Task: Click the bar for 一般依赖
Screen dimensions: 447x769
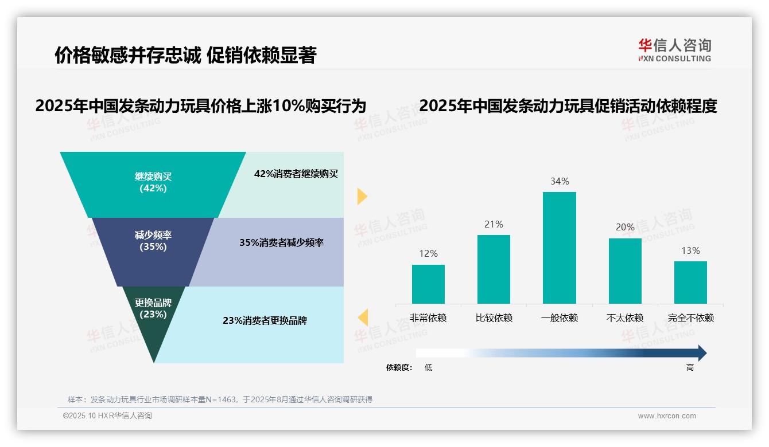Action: pos(559,248)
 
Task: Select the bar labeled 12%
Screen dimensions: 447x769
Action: pos(428,284)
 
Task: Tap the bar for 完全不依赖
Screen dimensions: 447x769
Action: pos(690,282)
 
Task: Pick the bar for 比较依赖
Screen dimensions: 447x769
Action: pos(494,269)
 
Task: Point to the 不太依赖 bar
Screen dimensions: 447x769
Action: pos(625,270)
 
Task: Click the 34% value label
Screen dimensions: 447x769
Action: pos(560,181)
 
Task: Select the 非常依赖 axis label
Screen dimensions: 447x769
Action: pos(428,318)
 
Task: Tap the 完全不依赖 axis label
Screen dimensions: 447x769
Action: pos(690,318)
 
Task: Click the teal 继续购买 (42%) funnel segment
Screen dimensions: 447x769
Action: pos(153,183)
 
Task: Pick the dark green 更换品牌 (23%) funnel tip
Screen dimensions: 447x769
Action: pos(153,321)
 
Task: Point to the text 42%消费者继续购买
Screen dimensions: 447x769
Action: pos(296,174)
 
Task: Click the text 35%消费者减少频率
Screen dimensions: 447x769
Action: pos(281,242)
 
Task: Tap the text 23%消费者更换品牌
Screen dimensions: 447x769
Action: pos(265,320)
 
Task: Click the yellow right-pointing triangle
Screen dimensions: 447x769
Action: pos(362,196)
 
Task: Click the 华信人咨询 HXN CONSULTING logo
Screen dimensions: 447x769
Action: pos(674,50)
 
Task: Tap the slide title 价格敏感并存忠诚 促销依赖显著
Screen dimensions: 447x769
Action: pos(185,55)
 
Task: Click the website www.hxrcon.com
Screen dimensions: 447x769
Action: pos(667,416)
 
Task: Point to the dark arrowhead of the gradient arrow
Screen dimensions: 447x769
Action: pos(701,353)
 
